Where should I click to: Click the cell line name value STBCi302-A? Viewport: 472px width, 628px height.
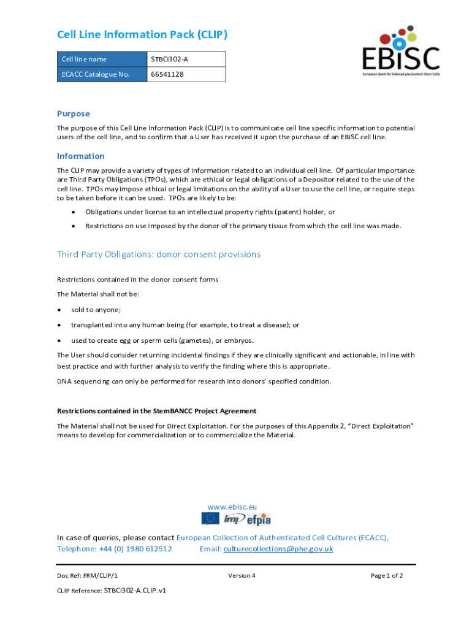(170, 59)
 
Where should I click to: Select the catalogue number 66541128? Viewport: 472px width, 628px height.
(167, 74)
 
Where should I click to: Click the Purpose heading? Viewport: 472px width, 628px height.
(74, 113)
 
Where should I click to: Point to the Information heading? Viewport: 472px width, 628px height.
(81, 156)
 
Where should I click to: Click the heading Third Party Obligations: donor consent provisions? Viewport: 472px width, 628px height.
(159, 254)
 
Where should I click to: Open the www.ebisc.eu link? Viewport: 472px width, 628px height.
(232, 507)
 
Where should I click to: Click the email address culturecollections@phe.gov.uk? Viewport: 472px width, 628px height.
(278, 548)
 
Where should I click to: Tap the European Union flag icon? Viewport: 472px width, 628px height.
(210, 519)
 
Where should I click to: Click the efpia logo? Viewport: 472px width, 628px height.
(259, 519)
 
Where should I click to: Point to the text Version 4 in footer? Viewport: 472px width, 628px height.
(242, 575)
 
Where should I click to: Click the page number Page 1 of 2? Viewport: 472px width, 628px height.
(387, 575)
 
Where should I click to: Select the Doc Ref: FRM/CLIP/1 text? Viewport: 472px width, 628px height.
(87, 575)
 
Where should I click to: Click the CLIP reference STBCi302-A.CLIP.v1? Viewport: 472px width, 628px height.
(135, 591)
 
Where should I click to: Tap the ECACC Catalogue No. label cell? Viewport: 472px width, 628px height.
(96, 74)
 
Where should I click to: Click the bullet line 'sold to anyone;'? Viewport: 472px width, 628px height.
(96, 310)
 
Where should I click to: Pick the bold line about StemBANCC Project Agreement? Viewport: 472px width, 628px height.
(156, 411)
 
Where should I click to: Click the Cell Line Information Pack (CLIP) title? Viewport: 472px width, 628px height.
(142, 34)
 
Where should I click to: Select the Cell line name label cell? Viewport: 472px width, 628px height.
(85, 59)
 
